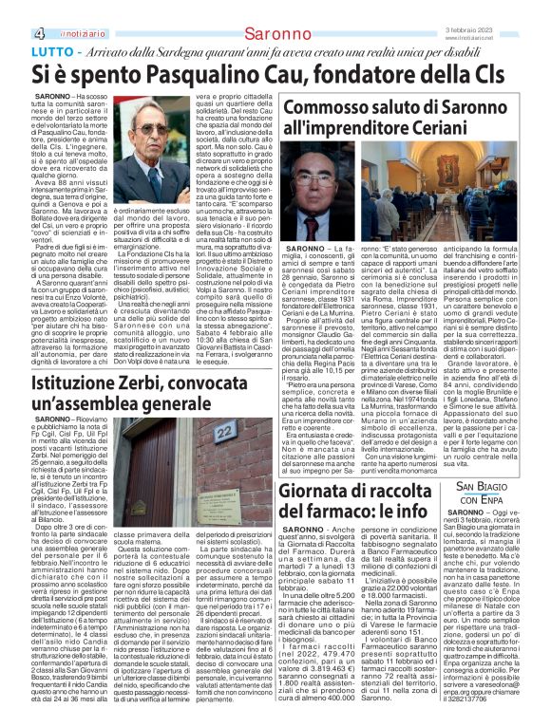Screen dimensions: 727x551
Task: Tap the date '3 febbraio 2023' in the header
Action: click(497, 29)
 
